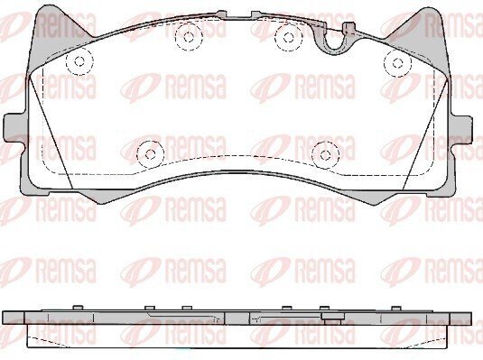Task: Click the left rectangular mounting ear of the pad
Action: point(14,128)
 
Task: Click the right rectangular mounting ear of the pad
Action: point(461,130)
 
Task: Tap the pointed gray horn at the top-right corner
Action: point(422,35)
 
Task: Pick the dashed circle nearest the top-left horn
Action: point(79,61)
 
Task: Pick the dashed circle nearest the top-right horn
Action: point(397,63)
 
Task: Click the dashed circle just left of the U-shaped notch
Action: point(289,37)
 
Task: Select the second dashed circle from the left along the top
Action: point(189,37)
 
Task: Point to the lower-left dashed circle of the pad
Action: point(150,154)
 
